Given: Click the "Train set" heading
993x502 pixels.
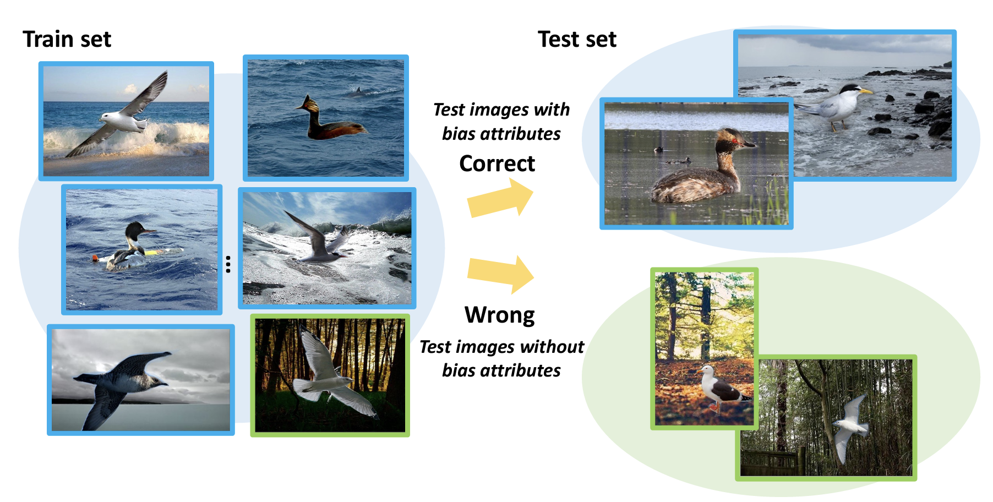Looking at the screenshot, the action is coord(67,40).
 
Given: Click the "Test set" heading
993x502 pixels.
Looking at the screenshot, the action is coord(577,40).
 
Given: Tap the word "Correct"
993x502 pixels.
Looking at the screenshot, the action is coord(497,163).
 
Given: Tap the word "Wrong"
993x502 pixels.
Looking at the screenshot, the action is coord(500,315).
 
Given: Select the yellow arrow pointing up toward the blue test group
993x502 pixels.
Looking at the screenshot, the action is coord(500,199).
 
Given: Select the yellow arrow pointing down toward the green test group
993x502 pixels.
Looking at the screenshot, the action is coord(500,274).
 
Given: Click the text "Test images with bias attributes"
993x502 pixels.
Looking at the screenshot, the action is coord(501,122).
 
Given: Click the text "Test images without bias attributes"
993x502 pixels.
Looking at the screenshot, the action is coord(501,358).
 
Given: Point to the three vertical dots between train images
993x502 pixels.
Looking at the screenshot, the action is coord(228,264).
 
